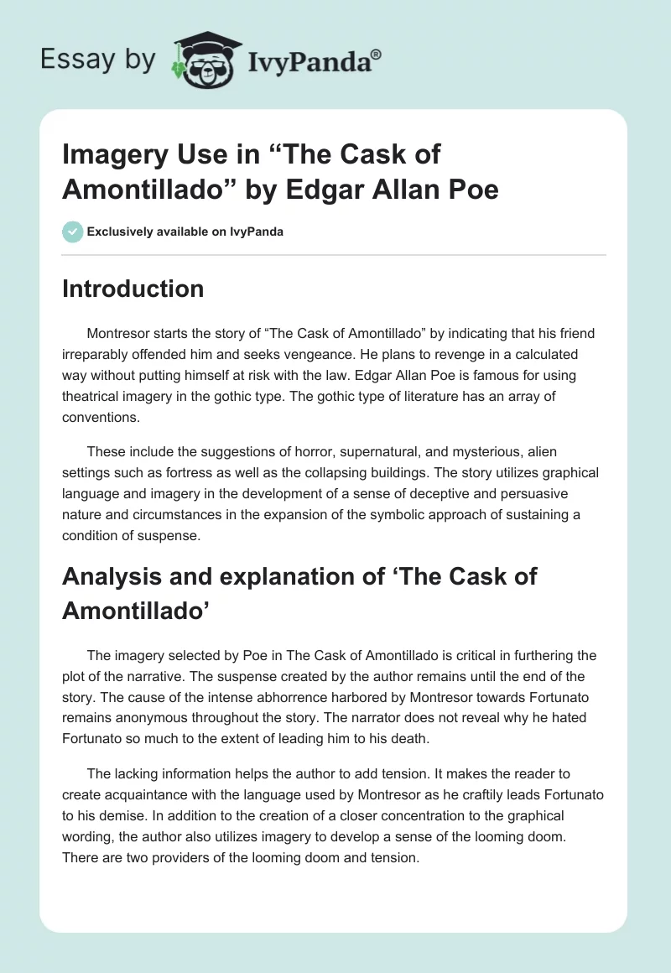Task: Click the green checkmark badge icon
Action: tap(74, 232)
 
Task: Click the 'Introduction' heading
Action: tap(133, 289)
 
